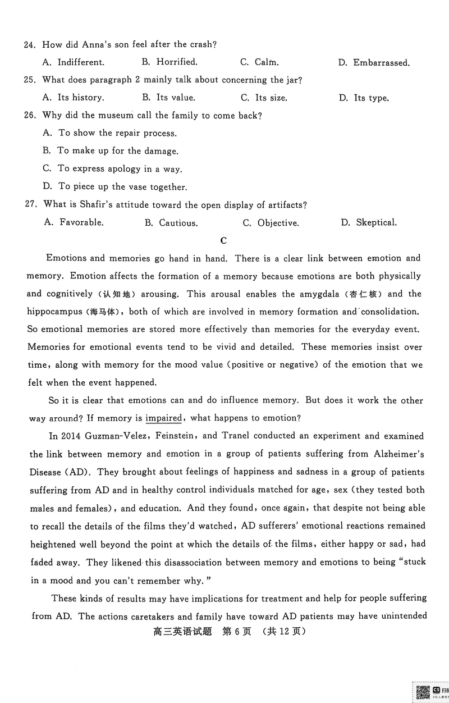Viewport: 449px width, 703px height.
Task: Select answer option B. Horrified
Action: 169,62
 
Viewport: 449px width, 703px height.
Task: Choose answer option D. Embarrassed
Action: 374,63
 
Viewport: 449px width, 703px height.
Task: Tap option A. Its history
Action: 73,97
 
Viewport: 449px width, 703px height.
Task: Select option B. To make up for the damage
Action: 111,150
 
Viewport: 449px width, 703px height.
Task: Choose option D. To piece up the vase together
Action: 114,186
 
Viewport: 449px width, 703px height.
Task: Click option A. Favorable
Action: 74,222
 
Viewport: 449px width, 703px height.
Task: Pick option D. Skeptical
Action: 369,222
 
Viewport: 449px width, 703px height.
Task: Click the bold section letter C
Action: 223,241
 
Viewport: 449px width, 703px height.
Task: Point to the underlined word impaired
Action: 164,418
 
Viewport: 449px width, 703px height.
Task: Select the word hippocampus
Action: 53,312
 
